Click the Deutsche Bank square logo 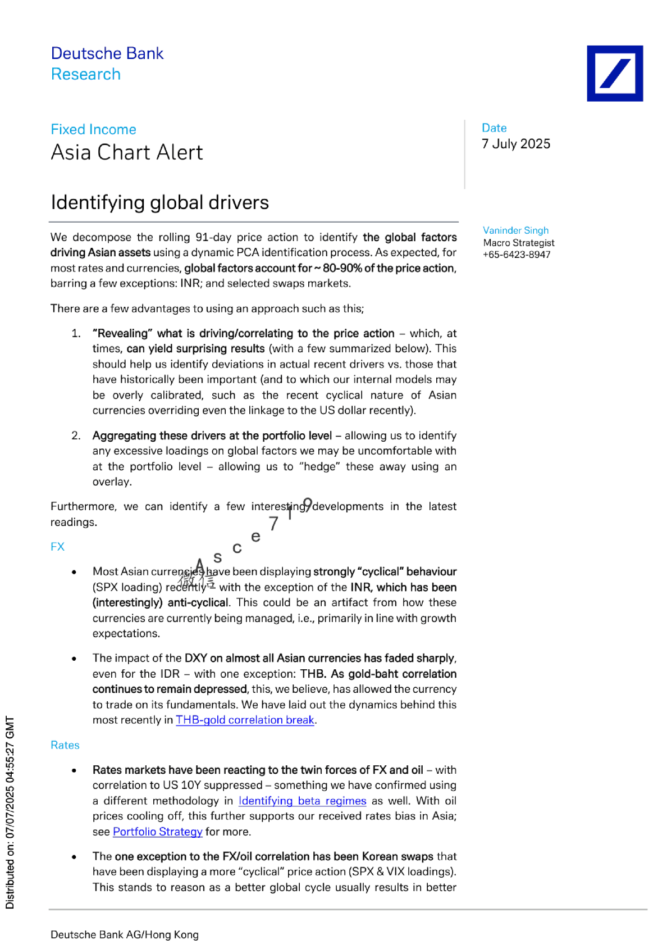615,74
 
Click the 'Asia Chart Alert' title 127,153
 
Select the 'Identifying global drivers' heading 160,202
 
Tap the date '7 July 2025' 516,144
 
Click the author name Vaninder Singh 515,230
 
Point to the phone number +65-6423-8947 517,255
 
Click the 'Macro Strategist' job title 519,243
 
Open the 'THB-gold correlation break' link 245,720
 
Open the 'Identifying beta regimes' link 302,801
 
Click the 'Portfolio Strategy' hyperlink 157,832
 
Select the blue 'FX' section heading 57,547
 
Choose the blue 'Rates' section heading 65,746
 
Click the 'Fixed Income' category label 93,130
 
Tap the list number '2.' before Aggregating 76,436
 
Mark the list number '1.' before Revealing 76,334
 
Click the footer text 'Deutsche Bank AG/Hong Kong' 125,934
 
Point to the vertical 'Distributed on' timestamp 10,812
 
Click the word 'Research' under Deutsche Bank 86,75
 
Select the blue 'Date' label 494,128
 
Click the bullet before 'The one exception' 74,857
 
